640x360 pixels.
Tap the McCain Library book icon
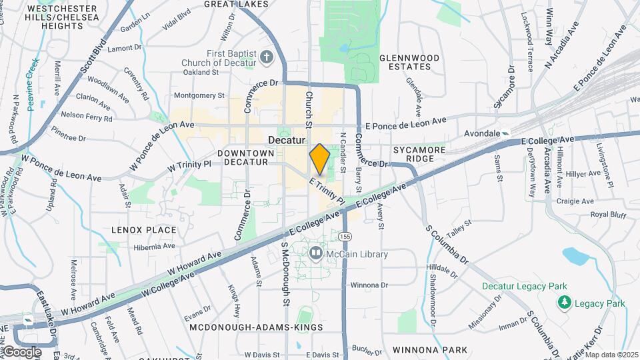tap(315, 253)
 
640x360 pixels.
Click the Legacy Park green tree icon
tap(564, 303)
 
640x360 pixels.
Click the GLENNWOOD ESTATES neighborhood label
tap(409, 62)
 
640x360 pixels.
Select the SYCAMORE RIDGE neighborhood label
tap(419, 155)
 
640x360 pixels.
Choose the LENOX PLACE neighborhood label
tap(144, 230)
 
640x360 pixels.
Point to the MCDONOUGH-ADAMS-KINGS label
tap(257, 328)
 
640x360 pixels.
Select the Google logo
tap(22, 351)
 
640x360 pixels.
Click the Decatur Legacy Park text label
tap(524, 287)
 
